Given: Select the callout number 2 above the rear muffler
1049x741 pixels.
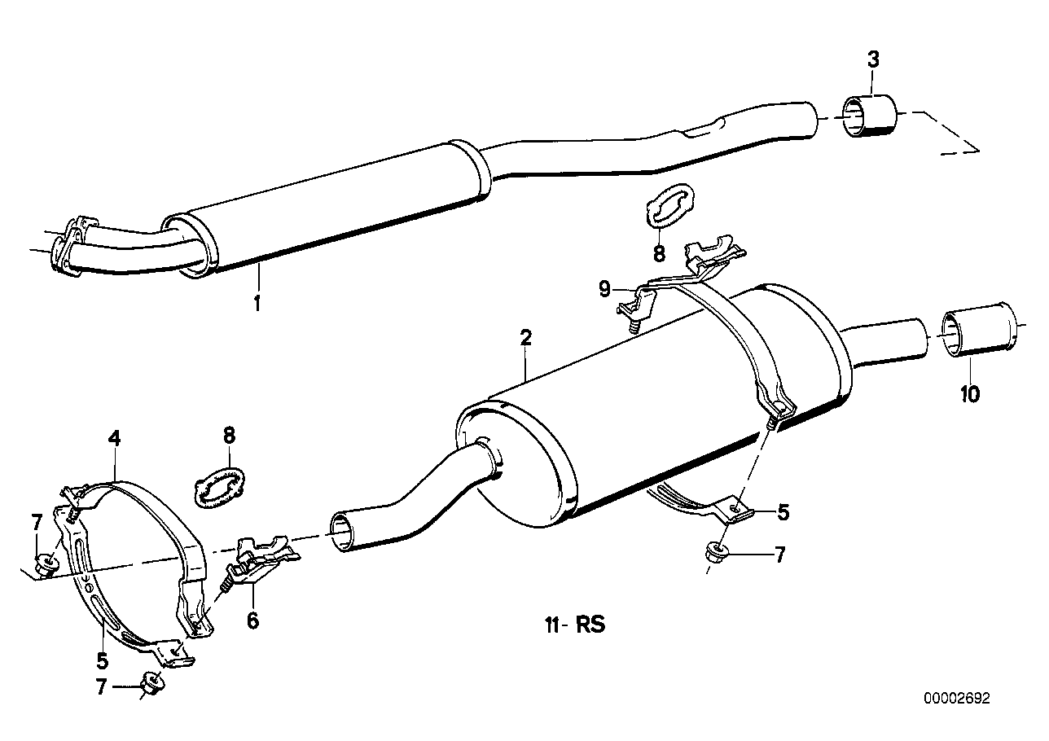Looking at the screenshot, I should point(526,338).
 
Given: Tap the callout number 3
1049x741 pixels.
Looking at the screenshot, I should point(872,59).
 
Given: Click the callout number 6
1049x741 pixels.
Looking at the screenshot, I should point(252,620).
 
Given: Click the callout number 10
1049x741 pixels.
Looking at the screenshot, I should point(969,394).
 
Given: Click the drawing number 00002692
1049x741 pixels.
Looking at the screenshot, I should point(957,698).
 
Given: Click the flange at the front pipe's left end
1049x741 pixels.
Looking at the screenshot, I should point(70,242).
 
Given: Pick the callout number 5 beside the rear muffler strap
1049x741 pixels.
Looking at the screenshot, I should point(783,512).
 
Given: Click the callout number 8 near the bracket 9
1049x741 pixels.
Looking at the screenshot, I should point(659,253).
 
